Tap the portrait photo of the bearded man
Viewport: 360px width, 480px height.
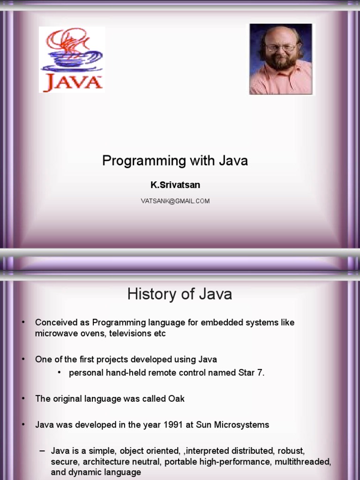pos(280,59)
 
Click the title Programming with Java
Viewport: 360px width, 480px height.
pos(175,161)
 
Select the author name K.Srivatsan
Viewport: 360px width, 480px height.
pos(175,185)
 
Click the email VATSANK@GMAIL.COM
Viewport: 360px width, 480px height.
pos(175,201)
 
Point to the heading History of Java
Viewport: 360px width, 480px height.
pos(180,294)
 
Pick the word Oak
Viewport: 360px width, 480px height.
pos(177,399)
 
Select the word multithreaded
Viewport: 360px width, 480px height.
pos(305,462)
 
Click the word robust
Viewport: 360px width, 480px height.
pos(292,451)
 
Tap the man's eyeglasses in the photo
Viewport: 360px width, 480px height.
pos(281,47)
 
